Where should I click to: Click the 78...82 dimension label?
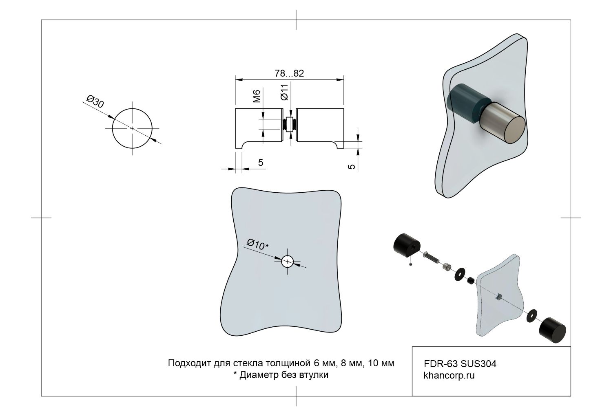coord(289,73)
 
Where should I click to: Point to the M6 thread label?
coord(257,97)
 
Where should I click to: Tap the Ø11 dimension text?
coord(285,92)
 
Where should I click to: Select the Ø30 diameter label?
coord(95,101)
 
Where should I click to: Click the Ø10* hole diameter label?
coord(257,244)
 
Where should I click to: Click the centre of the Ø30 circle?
coord(132,128)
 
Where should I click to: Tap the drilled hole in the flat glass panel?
coord(288,261)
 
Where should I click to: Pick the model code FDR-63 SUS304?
coord(460,364)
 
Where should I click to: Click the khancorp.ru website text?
coord(449,376)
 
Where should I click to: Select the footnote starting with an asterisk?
coord(280,375)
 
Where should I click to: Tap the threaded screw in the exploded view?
coord(431,257)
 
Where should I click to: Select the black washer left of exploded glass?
coord(460,274)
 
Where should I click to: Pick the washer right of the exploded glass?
coord(532,315)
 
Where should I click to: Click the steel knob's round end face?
coord(513,130)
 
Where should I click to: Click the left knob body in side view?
coord(259,126)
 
